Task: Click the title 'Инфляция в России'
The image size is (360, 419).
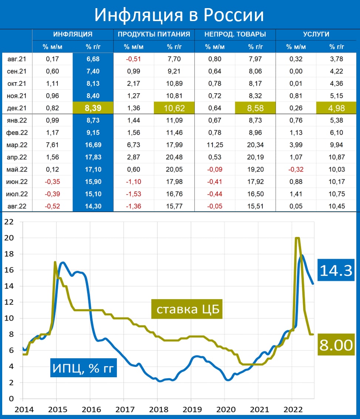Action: click(179, 15)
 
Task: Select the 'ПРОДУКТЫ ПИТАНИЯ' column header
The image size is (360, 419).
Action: click(154, 34)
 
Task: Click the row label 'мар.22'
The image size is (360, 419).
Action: click(17, 144)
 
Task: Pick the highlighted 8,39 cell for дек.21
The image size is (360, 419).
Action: click(93, 108)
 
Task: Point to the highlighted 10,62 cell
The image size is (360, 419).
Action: click(174, 108)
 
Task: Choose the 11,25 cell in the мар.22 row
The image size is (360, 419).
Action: click(215, 144)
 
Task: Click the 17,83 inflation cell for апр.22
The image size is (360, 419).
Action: click(93, 157)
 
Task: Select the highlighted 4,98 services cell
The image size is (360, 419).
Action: click(336, 108)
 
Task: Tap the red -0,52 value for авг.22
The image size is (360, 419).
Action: click(53, 205)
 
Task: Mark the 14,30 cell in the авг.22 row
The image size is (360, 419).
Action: click(93, 205)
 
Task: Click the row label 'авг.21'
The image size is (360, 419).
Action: click(17, 58)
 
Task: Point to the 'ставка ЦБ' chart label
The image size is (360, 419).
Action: click(187, 309)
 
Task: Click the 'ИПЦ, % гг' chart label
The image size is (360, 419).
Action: click(83, 368)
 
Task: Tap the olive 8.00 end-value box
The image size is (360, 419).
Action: click(336, 345)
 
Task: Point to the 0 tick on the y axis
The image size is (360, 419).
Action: click(11, 399)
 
